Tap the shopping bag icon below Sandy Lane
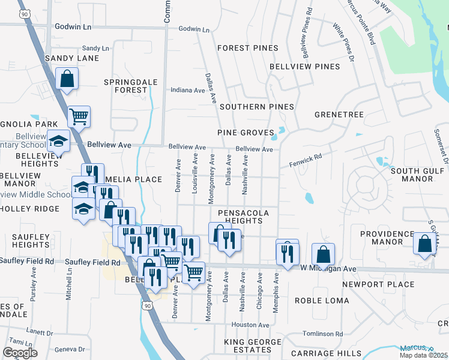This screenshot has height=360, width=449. (67, 79)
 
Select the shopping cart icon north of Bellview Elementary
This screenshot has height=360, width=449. (79, 116)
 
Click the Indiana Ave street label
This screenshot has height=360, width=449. (188, 90)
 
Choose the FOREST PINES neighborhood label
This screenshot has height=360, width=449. (248, 48)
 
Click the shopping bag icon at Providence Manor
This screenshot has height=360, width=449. (425, 244)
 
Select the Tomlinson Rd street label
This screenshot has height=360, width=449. (322, 334)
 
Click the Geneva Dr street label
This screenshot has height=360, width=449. (70, 349)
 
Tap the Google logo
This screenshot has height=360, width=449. (20, 353)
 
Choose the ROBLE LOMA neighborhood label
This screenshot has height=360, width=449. (327, 300)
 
